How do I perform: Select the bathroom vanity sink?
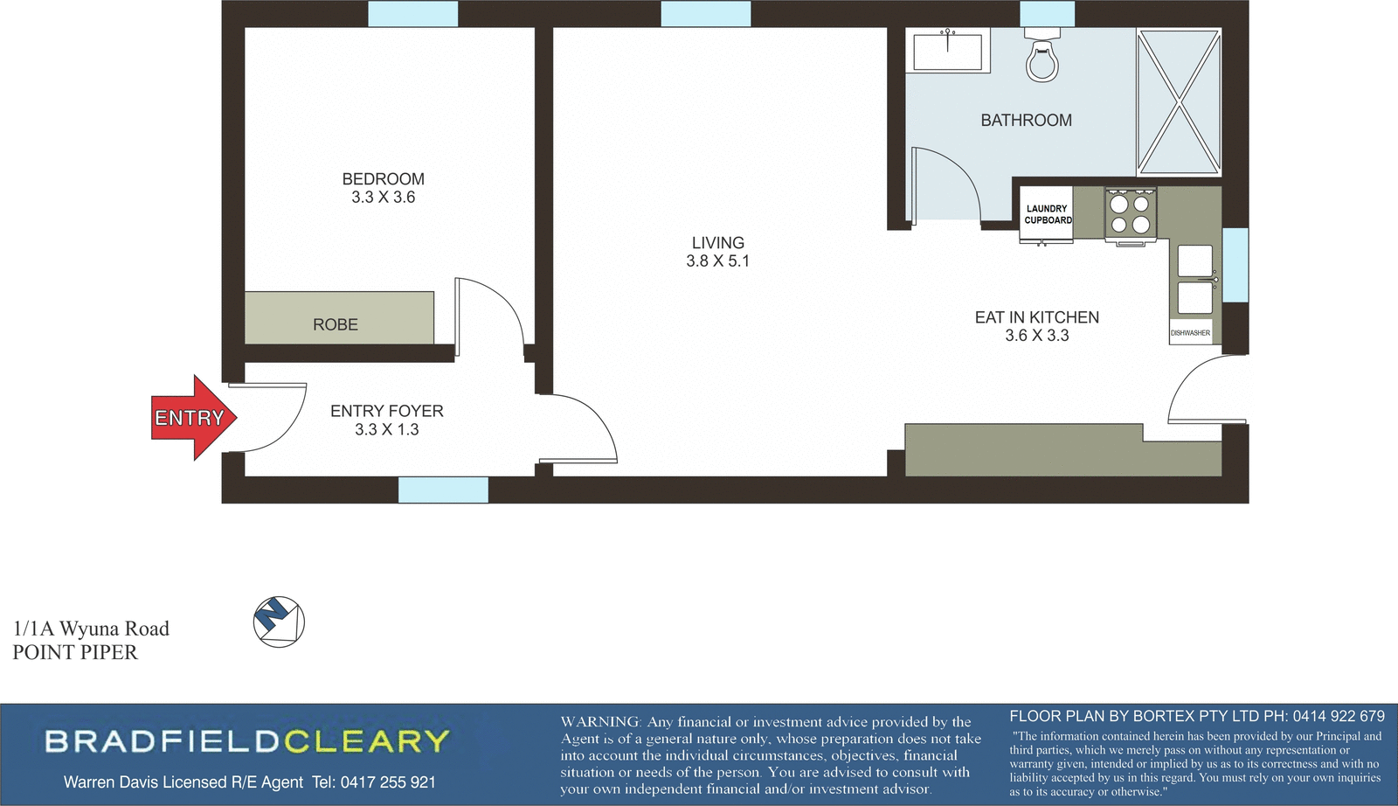tap(947, 51)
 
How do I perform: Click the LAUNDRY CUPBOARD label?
tap(1047, 214)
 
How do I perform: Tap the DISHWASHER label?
tap(1190, 333)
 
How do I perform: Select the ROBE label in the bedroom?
tap(336, 324)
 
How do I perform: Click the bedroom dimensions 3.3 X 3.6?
tap(383, 198)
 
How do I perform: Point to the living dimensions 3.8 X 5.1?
tap(717, 261)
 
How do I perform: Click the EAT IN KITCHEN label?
tap(1036, 317)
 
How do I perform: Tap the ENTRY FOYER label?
tap(386, 411)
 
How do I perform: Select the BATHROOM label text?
tap(1026, 121)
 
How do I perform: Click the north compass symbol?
tap(279, 622)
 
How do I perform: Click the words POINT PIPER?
tap(75, 652)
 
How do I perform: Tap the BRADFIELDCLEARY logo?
tap(247, 741)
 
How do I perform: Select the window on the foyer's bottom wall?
tap(443, 490)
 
